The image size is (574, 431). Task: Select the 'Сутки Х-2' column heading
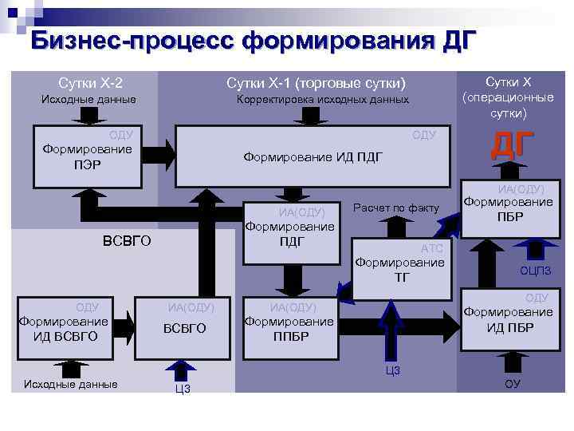click(x=90, y=82)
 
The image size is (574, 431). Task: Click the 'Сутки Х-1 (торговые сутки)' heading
click(x=316, y=83)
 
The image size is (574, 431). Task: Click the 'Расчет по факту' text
click(x=395, y=208)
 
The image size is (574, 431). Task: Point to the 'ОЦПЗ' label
click(x=536, y=271)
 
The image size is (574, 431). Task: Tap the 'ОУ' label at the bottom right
click(x=512, y=386)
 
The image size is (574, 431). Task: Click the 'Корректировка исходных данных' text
click(x=322, y=100)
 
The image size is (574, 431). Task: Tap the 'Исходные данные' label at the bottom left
click(x=71, y=384)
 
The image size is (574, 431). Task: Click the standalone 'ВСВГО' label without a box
click(x=128, y=241)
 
